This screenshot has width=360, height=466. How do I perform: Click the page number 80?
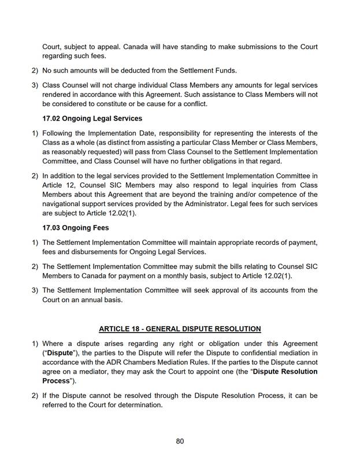(180, 441)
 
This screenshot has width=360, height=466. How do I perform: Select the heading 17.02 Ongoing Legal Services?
(92, 118)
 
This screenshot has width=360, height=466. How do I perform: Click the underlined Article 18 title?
(180, 329)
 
